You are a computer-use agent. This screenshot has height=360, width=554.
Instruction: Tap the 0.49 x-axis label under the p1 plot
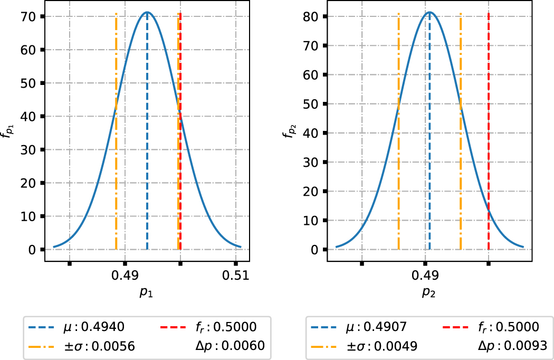click(x=125, y=276)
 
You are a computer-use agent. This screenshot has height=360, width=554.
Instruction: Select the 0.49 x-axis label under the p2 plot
click(x=425, y=276)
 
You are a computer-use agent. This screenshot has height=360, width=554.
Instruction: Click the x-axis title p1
click(x=146, y=293)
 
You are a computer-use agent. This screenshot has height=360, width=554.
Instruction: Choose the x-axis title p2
click(x=428, y=293)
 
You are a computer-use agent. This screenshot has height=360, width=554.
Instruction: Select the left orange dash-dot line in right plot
click(x=398, y=158)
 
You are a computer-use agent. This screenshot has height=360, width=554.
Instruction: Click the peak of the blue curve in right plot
click(x=429, y=12)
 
